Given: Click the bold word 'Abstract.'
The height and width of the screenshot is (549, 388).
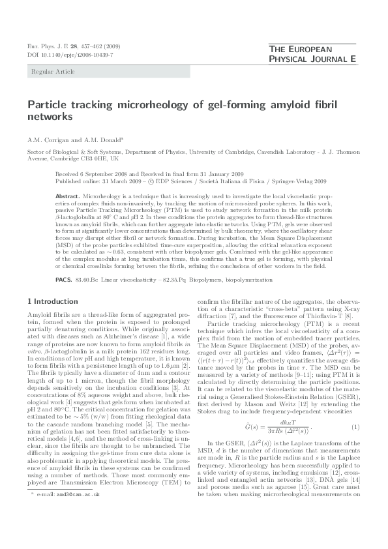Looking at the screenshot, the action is [x=68, y=196].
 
